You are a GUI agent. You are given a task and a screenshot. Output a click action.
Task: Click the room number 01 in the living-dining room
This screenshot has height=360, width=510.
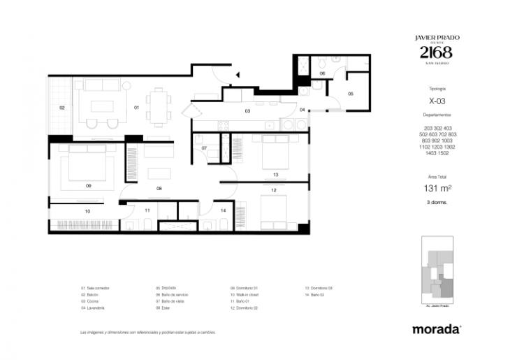[137, 107]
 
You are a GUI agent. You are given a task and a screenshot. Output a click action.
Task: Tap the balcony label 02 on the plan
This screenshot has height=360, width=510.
[61, 108]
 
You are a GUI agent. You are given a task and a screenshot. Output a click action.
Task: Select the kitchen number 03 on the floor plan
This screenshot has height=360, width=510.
[247, 111]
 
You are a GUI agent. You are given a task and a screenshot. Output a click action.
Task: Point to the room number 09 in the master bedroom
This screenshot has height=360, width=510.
[89, 186]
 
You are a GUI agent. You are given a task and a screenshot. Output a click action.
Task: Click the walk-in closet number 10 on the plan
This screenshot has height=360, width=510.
[87, 210]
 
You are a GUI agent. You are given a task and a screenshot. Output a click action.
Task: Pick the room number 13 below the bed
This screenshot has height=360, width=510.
[276, 174]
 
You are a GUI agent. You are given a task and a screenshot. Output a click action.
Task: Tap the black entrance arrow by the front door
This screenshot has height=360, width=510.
[238, 73]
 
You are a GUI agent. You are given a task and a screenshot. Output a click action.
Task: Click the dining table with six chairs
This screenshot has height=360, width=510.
[159, 107]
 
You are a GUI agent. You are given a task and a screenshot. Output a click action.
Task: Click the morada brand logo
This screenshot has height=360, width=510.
[436, 328]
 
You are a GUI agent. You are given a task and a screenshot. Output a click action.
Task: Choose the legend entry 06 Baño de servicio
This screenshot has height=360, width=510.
[173, 294]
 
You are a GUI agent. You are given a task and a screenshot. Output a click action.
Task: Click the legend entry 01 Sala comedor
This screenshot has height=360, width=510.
[96, 288]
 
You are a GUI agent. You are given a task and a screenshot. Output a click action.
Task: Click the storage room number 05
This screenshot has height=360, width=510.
[351, 93]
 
